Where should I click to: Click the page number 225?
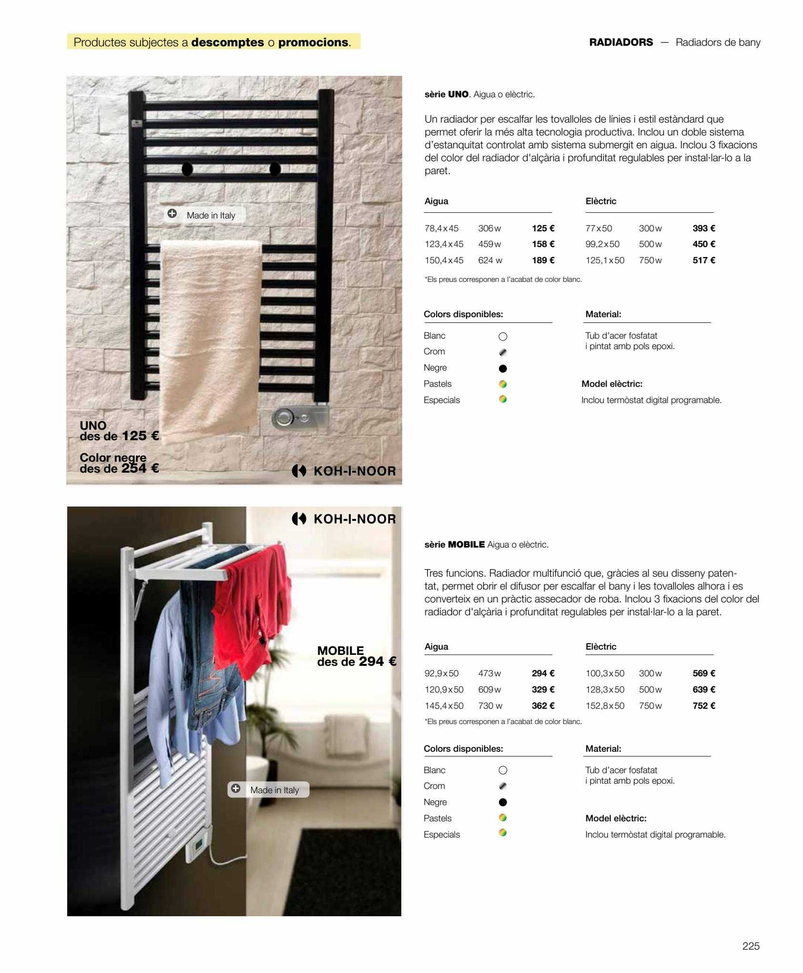point(751,946)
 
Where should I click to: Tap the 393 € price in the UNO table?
point(704,228)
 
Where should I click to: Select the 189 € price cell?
point(543,260)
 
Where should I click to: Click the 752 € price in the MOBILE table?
point(704,706)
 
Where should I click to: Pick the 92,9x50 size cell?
point(441,673)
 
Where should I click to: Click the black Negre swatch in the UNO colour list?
point(503,368)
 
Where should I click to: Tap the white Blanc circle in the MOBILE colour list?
point(503,770)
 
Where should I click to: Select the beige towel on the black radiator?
point(210,334)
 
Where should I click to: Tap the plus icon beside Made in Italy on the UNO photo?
point(172,214)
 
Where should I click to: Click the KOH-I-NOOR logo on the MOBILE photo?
point(344,519)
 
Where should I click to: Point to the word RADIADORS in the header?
point(621,42)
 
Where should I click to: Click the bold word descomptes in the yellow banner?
point(227,42)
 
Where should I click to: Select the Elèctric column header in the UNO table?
point(601,201)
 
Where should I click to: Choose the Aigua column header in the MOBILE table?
point(436,647)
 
